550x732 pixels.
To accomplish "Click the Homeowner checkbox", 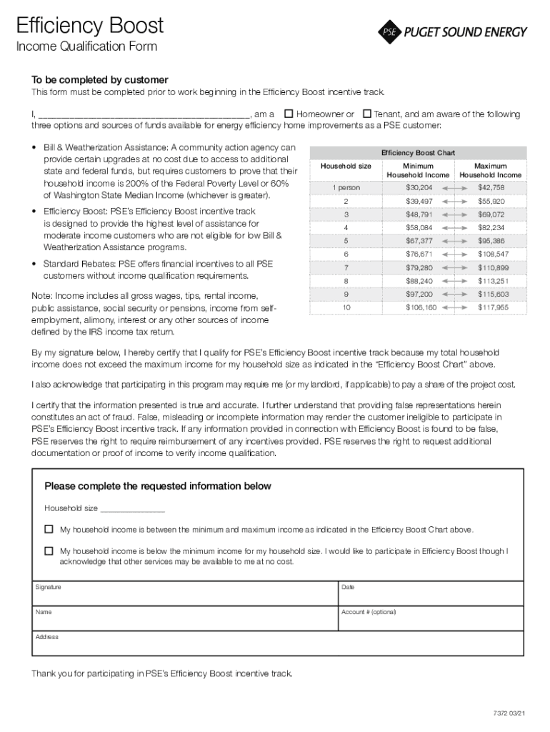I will (x=289, y=114).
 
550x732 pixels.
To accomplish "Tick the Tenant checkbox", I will (x=367, y=114).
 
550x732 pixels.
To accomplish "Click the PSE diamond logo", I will (x=389, y=31).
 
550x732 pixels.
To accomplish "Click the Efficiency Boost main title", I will (x=90, y=26).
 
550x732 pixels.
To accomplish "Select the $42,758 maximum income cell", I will (x=491, y=187).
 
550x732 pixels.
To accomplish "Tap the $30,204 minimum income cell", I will (x=419, y=187).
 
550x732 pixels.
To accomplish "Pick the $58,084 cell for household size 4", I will (x=419, y=227).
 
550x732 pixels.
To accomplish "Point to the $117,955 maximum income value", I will (x=493, y=307).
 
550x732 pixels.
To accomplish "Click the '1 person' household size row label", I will (x=346, y=187).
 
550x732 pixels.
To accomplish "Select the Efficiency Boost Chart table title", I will (x=418, y=153).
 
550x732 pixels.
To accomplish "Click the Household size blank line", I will (x=133, y=509).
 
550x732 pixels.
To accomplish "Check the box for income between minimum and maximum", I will (x=49, y=530).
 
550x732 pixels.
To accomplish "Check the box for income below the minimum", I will (x=49, y=551).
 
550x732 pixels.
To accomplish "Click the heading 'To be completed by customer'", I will (x=99, y=79).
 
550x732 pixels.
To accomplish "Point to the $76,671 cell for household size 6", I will (x=419, y=254).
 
